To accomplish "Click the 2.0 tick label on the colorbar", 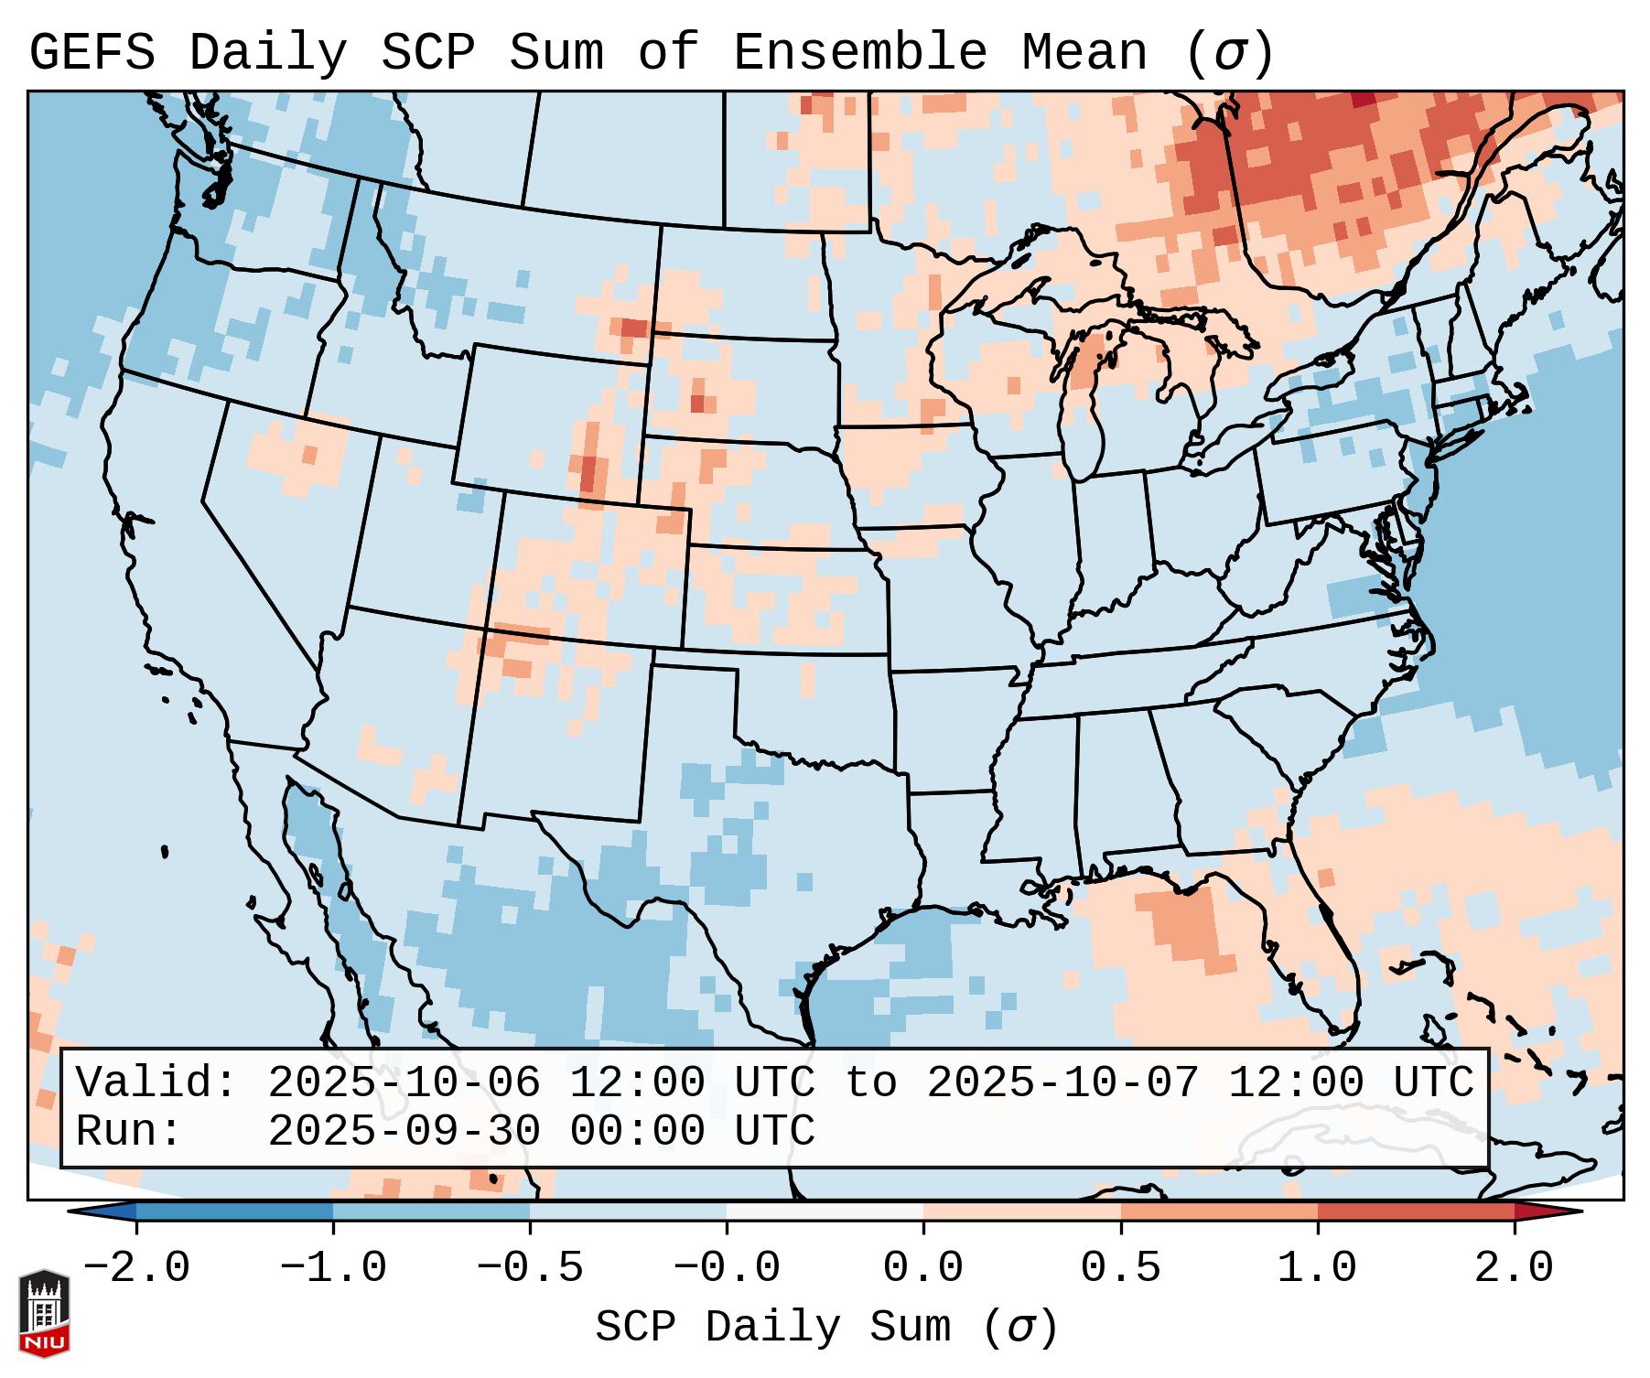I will tap(1514, 1268).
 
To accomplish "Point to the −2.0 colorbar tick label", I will tap(136, 1268).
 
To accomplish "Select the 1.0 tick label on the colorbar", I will tap(1317, 1268).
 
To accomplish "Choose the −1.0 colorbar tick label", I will tap(333, 1268).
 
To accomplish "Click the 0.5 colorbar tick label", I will tap(1120, 1268).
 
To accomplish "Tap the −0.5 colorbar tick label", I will tap(530, 1268).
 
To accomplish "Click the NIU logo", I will tap(44, 1313).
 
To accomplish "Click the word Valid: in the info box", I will tap(156, 1082).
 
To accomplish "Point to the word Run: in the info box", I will tap(129, 1131).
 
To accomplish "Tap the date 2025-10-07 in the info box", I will tap(1062, 1082).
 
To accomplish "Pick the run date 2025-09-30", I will tap(404, 1131).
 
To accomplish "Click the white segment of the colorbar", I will tap(825, 1211).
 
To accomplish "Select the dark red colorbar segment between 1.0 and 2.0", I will tap(1415, 1211).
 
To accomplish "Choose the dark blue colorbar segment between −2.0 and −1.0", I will tap(234, 1211).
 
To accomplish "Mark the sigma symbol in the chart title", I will tap(1229, 54).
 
